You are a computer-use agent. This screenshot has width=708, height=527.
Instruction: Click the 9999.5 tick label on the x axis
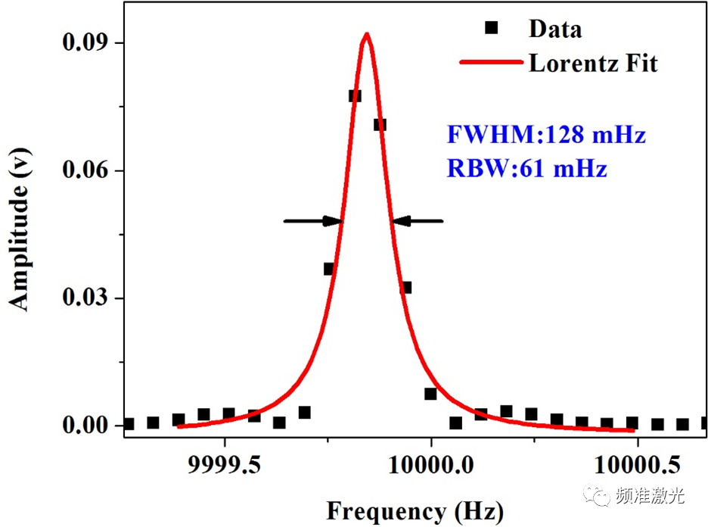[x=224, y=462]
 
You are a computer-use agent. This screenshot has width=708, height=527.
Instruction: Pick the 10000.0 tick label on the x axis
[x=430, y=462]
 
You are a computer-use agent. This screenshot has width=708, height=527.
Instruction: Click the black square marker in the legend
[x=492, y=28]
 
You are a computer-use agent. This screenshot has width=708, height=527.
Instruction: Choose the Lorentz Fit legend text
[x=593, y=63]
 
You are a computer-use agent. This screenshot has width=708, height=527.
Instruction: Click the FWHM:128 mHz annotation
[x=546, y=136]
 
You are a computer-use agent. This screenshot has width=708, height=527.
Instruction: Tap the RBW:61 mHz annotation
[x=527, y=168]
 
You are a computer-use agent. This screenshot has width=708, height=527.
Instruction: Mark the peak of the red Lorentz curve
[x=367, y=34]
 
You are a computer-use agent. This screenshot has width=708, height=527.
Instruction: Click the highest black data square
[x=355, y=95]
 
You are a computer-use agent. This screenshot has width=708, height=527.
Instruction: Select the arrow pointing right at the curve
[x=313, y=221]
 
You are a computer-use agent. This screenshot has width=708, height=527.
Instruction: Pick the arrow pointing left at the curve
[x=418, y=221]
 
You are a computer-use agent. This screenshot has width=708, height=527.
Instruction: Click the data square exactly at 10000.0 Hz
[x=430, y=394]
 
